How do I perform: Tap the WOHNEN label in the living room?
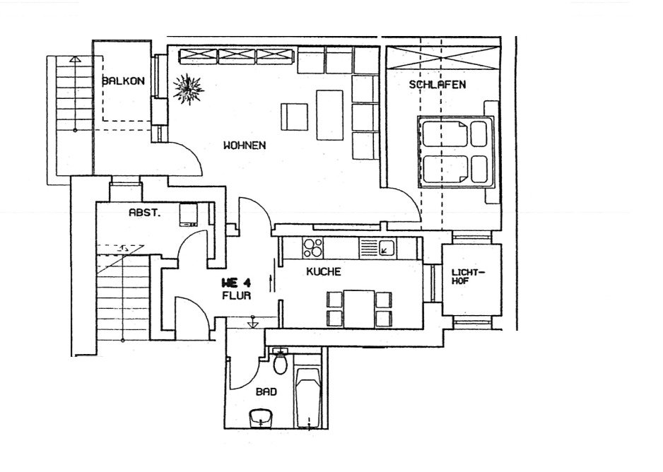(x=244, y=146)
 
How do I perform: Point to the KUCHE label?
(x=324, y=271)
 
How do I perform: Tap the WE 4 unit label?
(x=237, y=282)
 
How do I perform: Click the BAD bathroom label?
(x=266, y=391)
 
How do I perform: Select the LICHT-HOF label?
(x=469, y=277)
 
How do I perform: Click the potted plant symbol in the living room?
(x=189, y=89)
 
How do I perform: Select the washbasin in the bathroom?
(x=262, y=418)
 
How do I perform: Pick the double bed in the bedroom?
(x=455, y=151)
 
